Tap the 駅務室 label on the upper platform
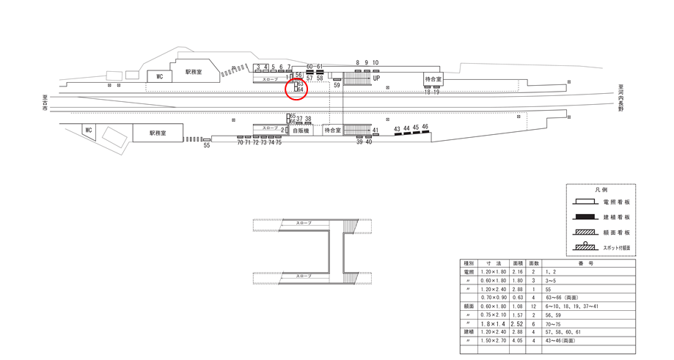tap(194, 72)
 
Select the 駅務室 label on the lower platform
tap(158, 133)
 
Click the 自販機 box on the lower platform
tap(301, 130)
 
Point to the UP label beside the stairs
tap(376, 78)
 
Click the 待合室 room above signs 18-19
tap(433, 79)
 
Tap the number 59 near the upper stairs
tap(337, 86)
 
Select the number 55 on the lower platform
tap(207, 145)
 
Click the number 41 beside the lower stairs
tap(375, 131)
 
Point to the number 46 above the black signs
tap(425, 127)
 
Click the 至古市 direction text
tap(44, 103)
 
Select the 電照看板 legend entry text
tap(616, 202)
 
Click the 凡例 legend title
tap(601, 189)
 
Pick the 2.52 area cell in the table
tap(516, 323)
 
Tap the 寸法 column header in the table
tap(493, 262)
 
